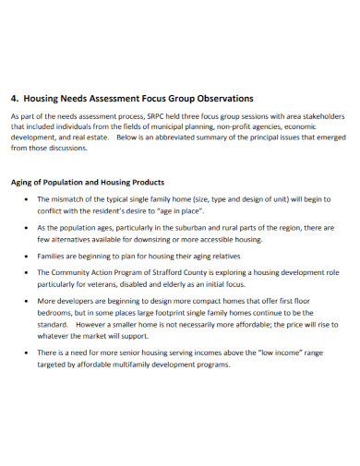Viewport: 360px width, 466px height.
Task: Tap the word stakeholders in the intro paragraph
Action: click(318, 116)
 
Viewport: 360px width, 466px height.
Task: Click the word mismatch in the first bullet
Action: click(73, 199)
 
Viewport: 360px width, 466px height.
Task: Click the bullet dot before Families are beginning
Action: click(27, 256)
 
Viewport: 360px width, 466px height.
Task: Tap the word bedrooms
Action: click(56, 313)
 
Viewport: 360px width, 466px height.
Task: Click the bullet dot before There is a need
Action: click(27, 352)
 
